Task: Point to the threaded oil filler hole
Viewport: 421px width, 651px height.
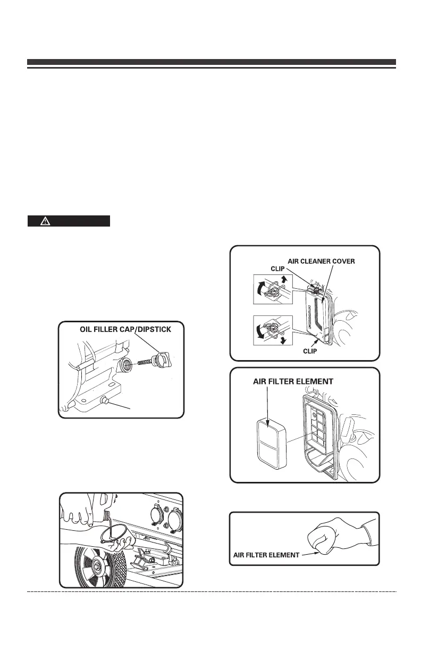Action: [127, 363]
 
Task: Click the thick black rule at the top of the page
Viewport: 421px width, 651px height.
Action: [212, 62]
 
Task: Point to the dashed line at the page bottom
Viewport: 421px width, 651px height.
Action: [212, 591]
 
